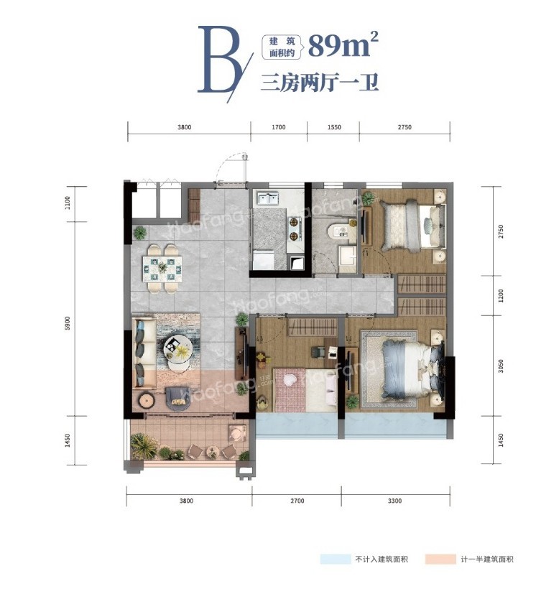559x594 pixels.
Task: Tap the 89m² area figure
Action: pyautogui.click(x=343, y=46)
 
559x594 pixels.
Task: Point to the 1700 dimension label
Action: pyautogui.click(x=279, y=127)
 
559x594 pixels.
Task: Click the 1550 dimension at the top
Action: pyautogui.click(x=333, y=127)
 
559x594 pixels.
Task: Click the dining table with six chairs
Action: pyautogui.click(x=162, y=267)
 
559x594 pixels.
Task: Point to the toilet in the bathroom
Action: pyautogui.click(x=336, y=231)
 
